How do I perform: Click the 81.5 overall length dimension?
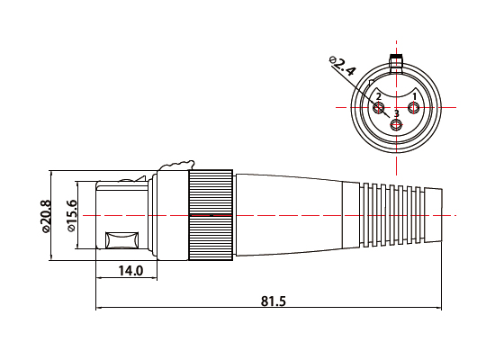[x=274, y=301]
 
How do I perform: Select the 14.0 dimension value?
[x=132, y=270]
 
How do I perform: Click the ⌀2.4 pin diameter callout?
[x=343, y=67]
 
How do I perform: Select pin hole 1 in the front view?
[x=413, y=110]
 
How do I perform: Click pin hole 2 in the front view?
[x=379, y=110]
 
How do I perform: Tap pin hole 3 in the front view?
[x=396, y=125]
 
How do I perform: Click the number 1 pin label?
[x=414, y=95]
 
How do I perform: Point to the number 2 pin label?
[x=379, y=96]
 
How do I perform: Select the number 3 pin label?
[x=396, y=113]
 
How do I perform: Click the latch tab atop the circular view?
[x=396, y=62]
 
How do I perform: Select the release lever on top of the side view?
[x=176, y=165]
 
